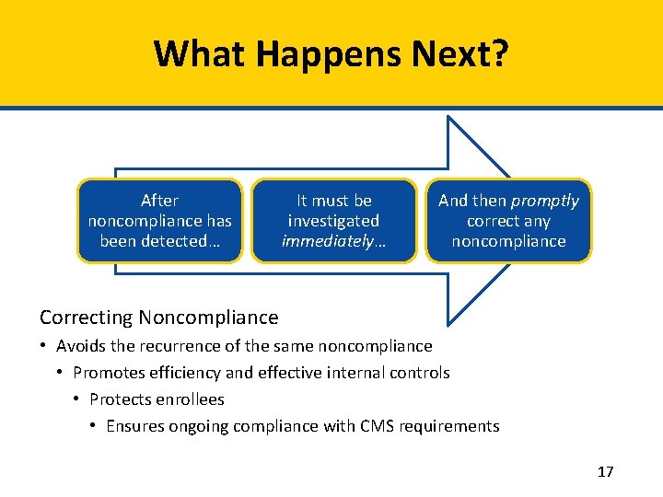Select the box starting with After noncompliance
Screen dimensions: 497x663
point(160,221)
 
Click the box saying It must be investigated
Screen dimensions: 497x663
point(333,221)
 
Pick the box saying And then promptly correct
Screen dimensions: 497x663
point(508,221)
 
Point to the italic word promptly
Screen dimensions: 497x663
point(545,201)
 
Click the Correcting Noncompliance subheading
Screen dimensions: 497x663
point(158,318)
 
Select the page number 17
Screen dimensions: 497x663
point(605,472)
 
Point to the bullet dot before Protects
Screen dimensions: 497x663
point(77,399)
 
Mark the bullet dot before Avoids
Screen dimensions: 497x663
point(44,346)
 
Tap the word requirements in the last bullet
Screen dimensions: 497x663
point(454,426)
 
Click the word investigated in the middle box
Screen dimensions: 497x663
point(333,221)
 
